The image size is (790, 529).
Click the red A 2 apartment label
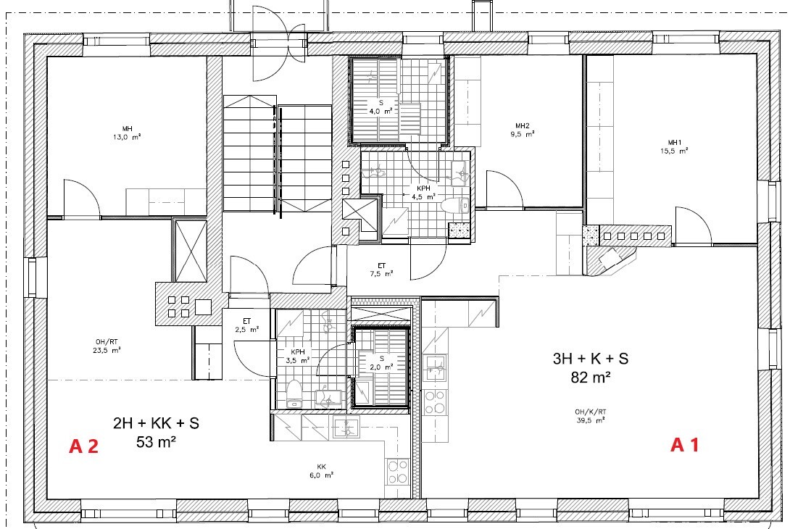[x=83, y=446]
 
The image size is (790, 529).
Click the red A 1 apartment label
[x=685, y=445]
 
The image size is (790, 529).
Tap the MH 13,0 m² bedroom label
[x=127, y=133]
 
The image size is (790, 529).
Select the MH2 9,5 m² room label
[x=523, y=130]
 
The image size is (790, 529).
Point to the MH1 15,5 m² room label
[x=675, y=146]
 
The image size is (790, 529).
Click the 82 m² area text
[x=591, y=378]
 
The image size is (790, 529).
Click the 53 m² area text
[x=156, y=442]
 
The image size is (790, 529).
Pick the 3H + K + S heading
[x=591, y=359]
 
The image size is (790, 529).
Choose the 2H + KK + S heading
[x=156, y=423]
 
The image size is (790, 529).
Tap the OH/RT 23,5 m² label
[x=107, y=346]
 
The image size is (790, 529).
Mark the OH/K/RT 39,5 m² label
[x=591, y=416]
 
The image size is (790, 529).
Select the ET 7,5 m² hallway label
[x=381, y=270]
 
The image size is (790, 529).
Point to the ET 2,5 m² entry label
[x=247, y=325]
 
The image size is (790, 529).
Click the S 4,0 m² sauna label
[x=381, y=107]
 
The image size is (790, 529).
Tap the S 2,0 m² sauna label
[x=381, y=363]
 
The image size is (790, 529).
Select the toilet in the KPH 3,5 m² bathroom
[x=294, y=393]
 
